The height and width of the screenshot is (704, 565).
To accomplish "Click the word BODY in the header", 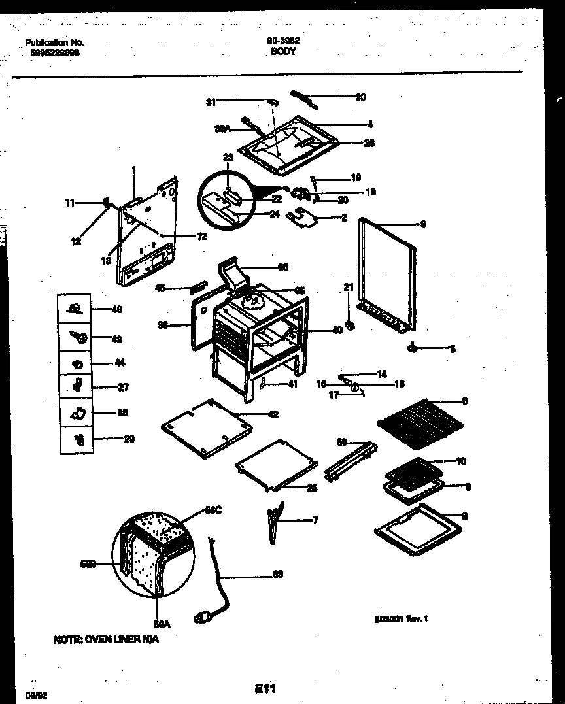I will coord(282,50).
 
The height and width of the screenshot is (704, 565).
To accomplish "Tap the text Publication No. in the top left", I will coord(55,42).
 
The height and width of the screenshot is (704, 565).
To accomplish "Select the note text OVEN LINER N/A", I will coord(105,639).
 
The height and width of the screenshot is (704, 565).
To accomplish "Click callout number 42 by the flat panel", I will coord(273,414).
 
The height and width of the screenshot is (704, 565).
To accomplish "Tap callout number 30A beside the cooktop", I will coord(222,129).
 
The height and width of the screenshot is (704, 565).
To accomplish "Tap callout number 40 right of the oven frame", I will coord(337,330).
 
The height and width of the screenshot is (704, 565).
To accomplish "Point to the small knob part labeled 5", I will coord(414,348).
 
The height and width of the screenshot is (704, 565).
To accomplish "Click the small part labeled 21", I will coord(350,325).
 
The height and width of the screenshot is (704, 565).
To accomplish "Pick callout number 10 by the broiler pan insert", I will coord(460,461).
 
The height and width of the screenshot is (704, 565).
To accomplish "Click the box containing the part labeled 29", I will coord(77,439).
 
